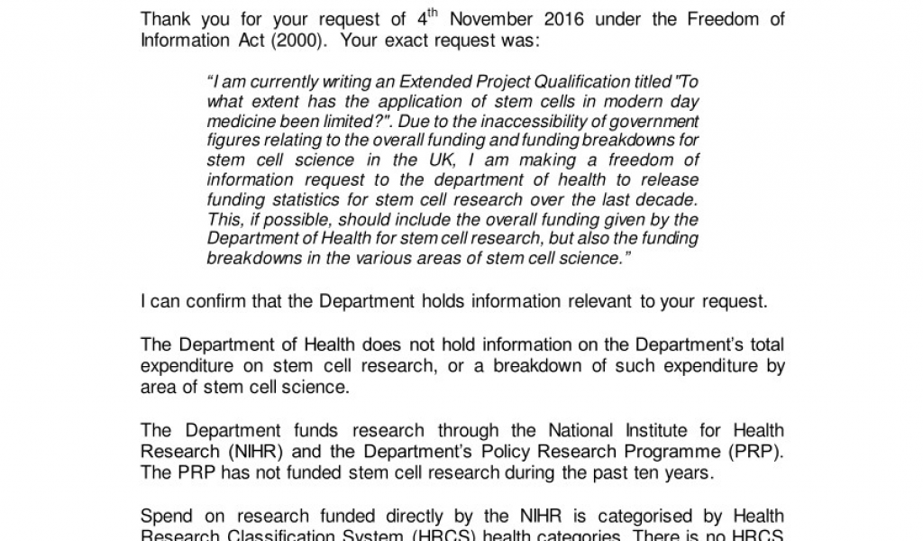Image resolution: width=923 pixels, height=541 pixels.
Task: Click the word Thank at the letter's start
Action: tap(166, 20)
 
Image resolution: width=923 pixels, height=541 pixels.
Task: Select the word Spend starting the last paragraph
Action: tap(166, 516)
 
